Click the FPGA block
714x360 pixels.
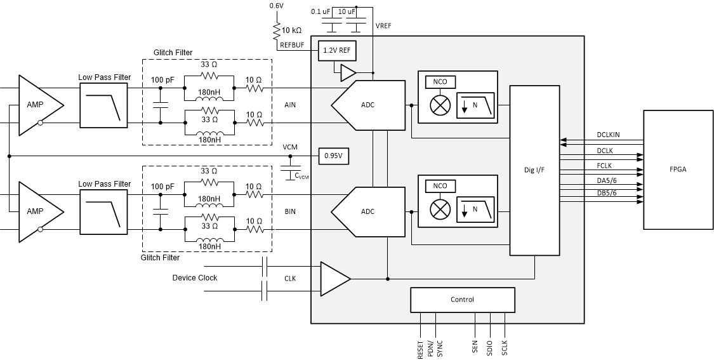pos(678,170)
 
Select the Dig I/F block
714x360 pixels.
pos(534,170)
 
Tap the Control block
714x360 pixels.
pos(462,300)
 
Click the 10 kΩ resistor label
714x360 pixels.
pos(292,30)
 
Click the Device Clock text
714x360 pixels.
pos(195,278)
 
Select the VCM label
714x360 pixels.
pos(290,147)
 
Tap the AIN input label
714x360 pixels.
pos(290,105)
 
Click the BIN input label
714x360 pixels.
pos(290,211)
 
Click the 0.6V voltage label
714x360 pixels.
pos(276,6)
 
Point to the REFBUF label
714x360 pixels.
pos(293,44)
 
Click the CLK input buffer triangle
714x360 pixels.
pos(333,278)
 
